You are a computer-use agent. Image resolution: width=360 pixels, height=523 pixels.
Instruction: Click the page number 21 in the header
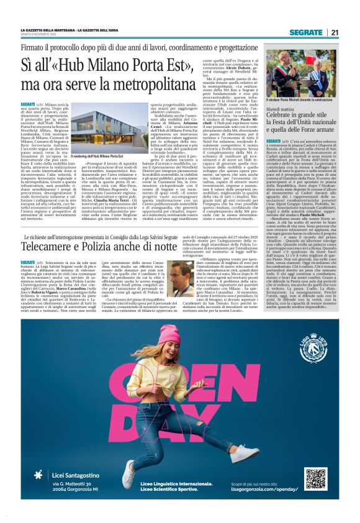[x=335, y=32]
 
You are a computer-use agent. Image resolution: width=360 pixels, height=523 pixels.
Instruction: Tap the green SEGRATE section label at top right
[x=306, y=32]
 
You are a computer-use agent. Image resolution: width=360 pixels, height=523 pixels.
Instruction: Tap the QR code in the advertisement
[x=315, y=478]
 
